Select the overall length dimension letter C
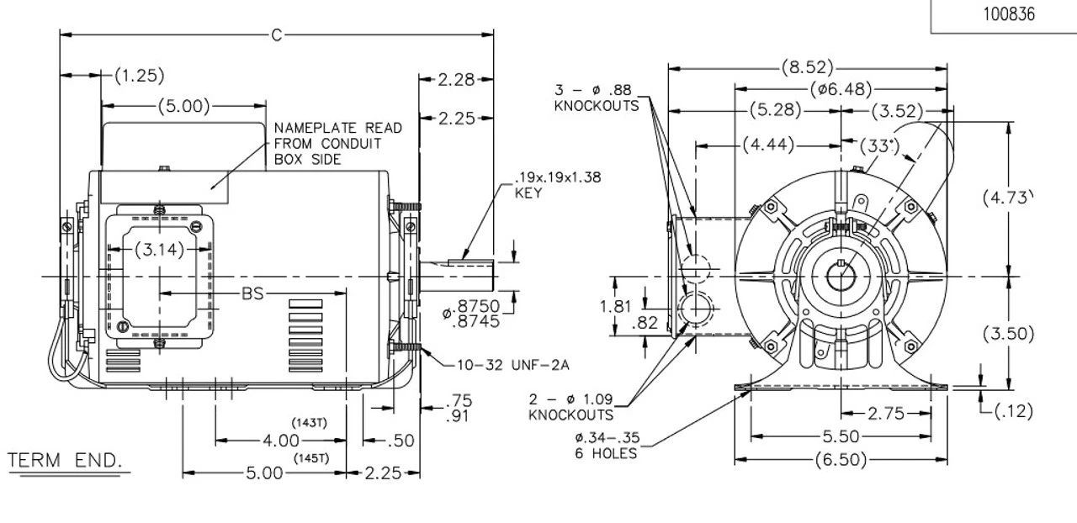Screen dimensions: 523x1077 pos(277,34)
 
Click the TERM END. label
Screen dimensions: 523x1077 pos(65,462)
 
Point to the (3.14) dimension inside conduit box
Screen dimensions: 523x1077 pos(160,250)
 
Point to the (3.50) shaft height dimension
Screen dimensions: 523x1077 pos(1007,333)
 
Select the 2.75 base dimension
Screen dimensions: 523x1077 pos(885,413)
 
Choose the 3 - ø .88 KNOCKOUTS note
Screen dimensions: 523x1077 pos(596,98)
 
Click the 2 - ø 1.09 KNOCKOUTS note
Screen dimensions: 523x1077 pos(570,407)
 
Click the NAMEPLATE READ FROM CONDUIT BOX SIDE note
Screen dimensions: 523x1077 pos(337,144)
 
